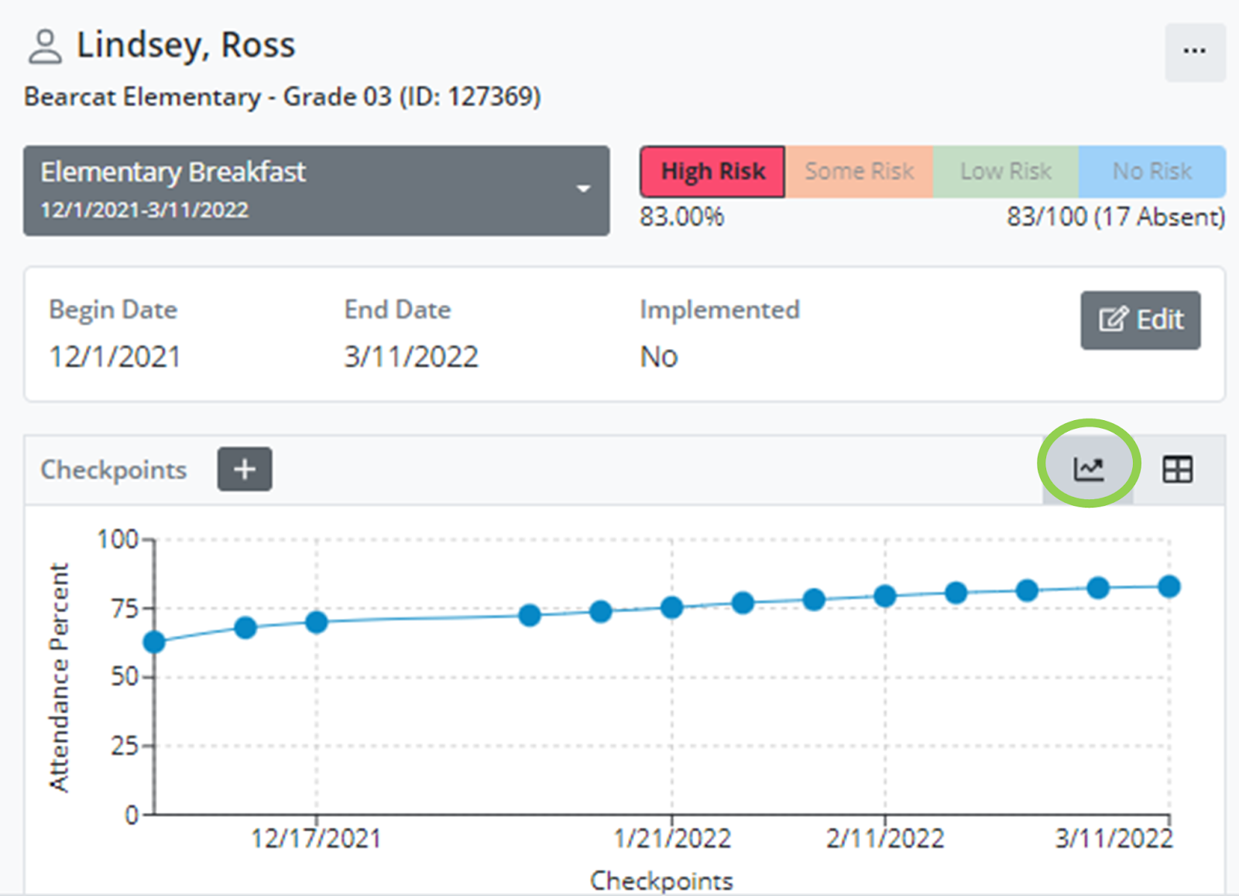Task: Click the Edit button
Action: point(1140,320)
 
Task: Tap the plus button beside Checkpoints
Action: point(245,469)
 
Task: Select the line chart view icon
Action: point(1088,468)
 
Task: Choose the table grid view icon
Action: point(1177,469)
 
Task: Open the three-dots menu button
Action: point(1194,52)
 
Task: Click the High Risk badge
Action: point(712,171)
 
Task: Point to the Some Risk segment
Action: point(859,171)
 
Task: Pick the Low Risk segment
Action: point(1005,171)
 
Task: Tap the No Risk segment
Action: point(1151,171)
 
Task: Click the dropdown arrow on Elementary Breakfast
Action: point(584,189)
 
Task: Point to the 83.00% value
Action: point(681,217)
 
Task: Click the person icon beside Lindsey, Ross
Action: point(45,46)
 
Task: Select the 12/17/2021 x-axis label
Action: point(316,839)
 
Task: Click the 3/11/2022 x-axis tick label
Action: point(1114,839)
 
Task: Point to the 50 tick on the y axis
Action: point(125,677)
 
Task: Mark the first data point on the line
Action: point(155,642)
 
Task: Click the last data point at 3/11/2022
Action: point(1169,587)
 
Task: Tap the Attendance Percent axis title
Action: point(59,677)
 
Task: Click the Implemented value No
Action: point(658,357)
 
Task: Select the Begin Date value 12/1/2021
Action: point(115,357)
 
